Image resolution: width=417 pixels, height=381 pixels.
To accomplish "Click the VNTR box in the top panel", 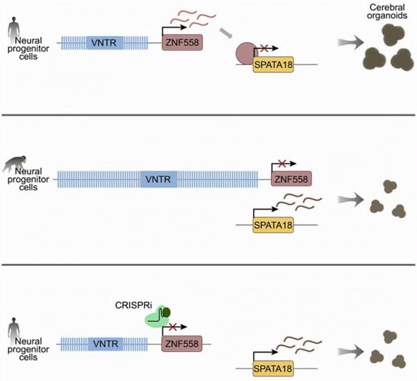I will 104,43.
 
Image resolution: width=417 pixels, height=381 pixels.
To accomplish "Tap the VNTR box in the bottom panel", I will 104,342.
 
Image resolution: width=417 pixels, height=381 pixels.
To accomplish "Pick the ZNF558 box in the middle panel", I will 291,180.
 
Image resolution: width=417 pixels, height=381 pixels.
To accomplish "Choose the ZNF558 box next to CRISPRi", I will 182,342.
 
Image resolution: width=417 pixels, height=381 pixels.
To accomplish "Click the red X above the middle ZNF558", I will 282,164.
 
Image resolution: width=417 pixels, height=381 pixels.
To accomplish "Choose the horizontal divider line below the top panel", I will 208,115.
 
